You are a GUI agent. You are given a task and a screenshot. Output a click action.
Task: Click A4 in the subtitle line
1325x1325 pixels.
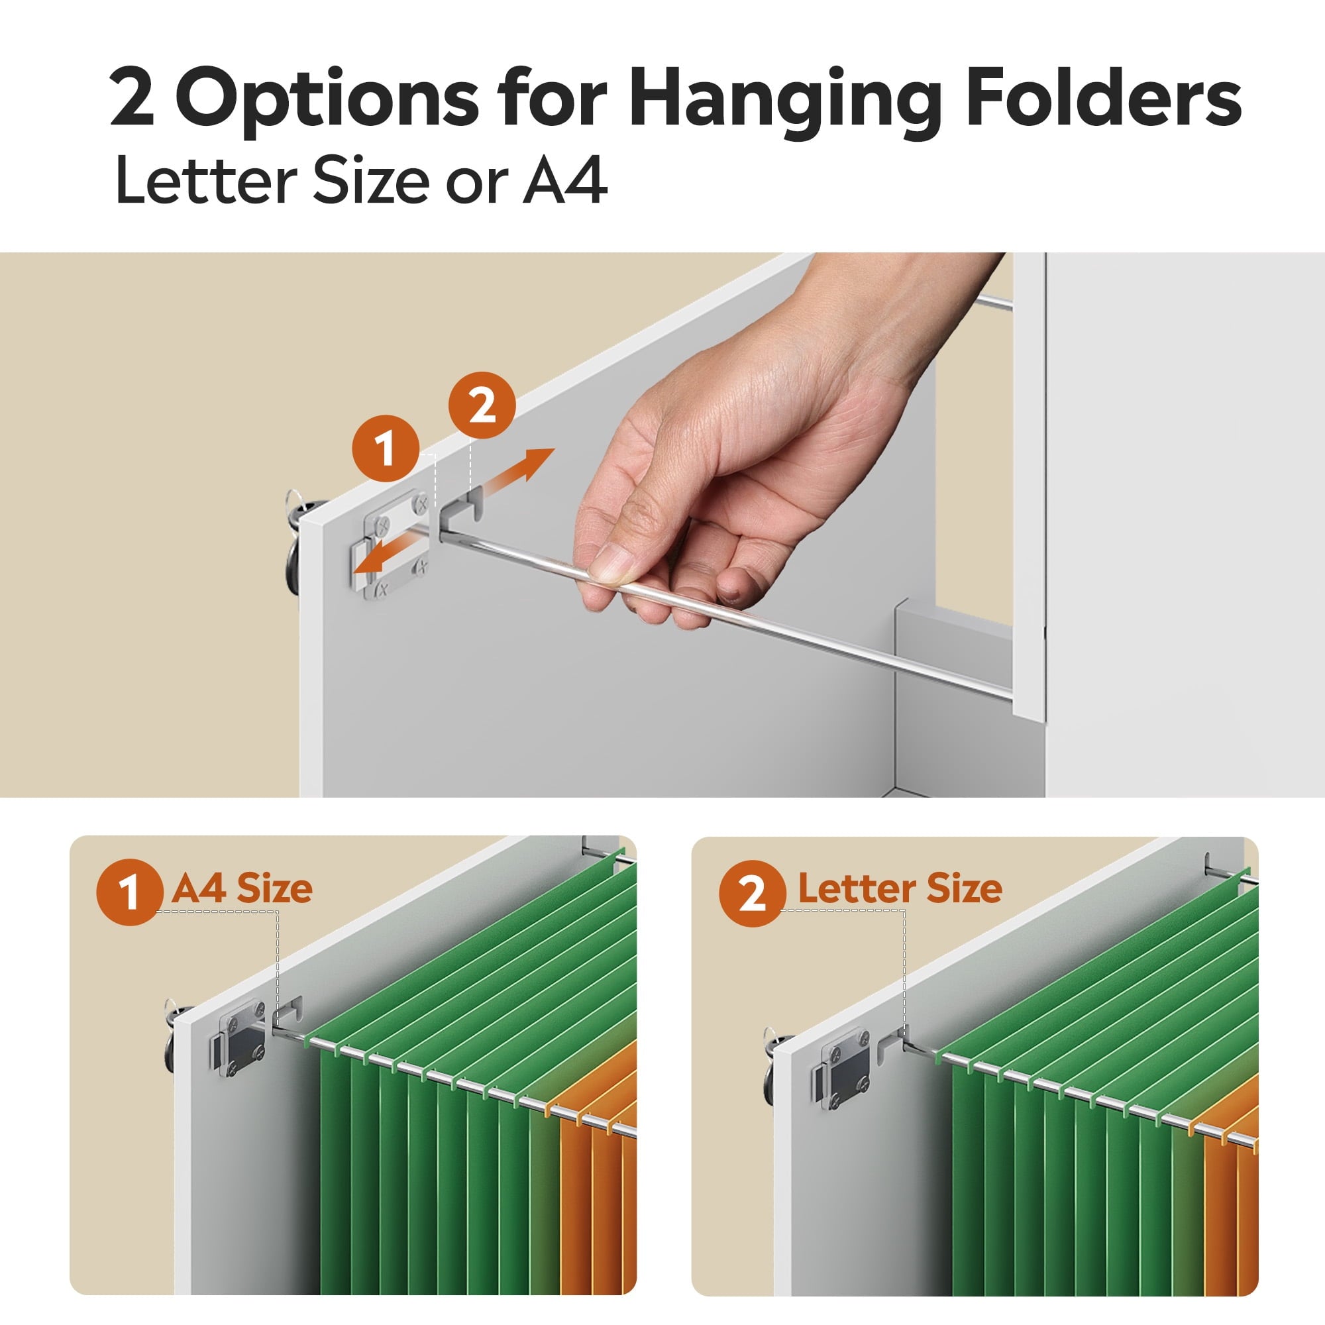coord(565,180)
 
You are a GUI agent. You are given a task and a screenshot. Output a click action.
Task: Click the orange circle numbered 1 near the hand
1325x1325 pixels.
coord(385,449)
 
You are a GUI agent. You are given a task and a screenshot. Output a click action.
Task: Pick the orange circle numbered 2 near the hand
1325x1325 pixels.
coord(482,405)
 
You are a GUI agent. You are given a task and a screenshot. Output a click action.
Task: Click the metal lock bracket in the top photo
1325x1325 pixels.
coord(392,544)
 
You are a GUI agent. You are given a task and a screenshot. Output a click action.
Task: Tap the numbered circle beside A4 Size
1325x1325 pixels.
coord(130,892)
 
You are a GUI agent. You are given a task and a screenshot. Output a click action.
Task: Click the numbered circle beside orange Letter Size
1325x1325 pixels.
coord(753,894)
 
